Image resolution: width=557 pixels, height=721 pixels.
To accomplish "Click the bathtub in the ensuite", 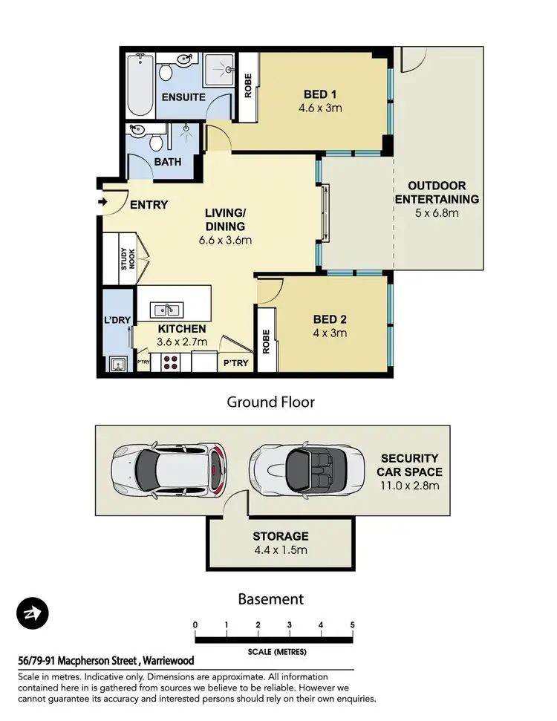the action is click(x=140, y=85).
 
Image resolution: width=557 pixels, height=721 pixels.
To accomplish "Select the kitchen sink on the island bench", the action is click(x=166, y=310).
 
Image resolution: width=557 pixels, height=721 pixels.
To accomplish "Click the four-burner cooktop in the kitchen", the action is click(x=171, y=362).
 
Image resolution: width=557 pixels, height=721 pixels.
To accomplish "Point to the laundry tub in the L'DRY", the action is click(x=118, y=364).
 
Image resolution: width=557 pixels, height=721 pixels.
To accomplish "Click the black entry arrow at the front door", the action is click(x=102, y=202).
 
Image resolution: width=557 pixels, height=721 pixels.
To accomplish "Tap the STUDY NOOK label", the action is click(x=128, y=259).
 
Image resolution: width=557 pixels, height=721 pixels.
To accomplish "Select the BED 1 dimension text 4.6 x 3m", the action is click(x=320, y=108).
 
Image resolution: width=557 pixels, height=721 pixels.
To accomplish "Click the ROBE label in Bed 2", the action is click(x=266, y=342).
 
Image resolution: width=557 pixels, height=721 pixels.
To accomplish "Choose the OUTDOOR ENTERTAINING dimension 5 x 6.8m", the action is click(x=437, y=213).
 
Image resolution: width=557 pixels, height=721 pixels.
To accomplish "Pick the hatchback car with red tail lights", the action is click(x=169, y=469).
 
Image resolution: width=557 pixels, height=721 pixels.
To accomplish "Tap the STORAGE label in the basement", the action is click(x=281, y=536).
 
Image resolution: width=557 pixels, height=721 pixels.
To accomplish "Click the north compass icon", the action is click(x=33, y=613).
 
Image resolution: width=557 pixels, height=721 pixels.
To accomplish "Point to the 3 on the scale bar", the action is click(x=290, y=625).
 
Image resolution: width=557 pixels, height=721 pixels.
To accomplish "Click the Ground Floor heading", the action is click(x=271, y=402).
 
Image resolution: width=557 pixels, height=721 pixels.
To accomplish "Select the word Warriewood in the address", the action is click(x=169, y=661).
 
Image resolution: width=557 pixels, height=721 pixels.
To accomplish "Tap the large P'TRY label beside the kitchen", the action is click(x=236, y=363).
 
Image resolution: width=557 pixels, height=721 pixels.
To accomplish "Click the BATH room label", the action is click(x=167, y=162).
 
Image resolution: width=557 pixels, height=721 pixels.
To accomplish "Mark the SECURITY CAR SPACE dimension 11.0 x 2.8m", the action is click(x=409, y=486).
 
